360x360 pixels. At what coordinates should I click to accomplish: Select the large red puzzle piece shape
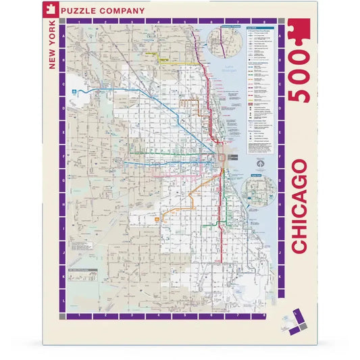click(299, 33)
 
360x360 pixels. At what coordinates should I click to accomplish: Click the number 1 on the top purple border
click(79, 22)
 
